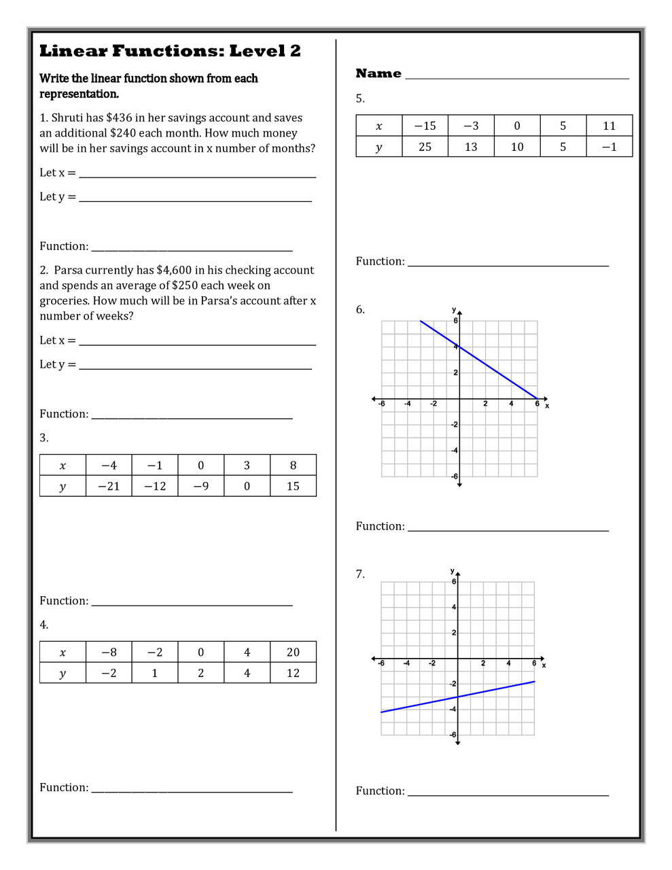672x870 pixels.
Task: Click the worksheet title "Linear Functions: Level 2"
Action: (x=170, y=51)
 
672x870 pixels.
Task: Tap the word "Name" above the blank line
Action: (x=378, y=73)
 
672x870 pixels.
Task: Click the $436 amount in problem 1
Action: (x=119, y=118)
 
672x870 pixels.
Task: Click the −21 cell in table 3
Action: (x=109, y=486)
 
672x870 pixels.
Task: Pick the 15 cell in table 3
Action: (x=293, y=486)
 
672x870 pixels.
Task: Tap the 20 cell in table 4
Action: (x=293, y=652)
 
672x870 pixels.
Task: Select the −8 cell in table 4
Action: (x=109, y=652)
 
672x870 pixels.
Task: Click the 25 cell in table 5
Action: (x=425, y=147)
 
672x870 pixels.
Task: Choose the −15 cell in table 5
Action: (x=425, y=126)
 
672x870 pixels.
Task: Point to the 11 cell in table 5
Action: (x=609, y=126)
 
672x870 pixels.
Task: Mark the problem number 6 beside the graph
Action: (x=360, y=310)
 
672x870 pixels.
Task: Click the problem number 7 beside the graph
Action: (x=360, y=574)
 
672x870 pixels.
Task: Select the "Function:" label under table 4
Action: (x=64, y=788)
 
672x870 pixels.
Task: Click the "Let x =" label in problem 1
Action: (x=58, y=173)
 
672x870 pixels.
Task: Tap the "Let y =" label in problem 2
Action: (x=58, y=364)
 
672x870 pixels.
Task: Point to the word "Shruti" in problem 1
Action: (x=67, y=118)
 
